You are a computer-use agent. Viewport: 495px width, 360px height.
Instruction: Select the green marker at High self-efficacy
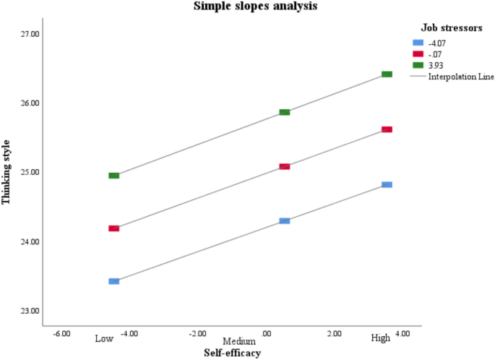click(387, 74)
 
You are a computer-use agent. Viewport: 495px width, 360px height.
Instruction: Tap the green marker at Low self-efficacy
click(113, 176)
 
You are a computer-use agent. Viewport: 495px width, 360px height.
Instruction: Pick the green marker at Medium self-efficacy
click(285, 112)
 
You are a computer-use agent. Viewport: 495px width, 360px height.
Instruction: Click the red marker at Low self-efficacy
click(113, 228)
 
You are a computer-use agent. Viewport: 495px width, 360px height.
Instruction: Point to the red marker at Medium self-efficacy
click(285, 166)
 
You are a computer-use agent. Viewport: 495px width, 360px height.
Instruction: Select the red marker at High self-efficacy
click(387, 129)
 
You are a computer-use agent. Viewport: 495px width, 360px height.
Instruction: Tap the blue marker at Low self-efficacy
click(113, 281)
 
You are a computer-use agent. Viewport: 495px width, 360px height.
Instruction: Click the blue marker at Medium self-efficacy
click(285, 220)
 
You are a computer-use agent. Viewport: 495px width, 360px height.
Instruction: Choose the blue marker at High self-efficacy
click(387, 185)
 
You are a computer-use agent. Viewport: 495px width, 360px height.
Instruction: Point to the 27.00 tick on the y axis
click(30, 34)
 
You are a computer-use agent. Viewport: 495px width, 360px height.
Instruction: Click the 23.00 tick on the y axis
click(30, 312)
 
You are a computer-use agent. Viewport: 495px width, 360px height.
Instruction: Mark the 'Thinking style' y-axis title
click(7, 173)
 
